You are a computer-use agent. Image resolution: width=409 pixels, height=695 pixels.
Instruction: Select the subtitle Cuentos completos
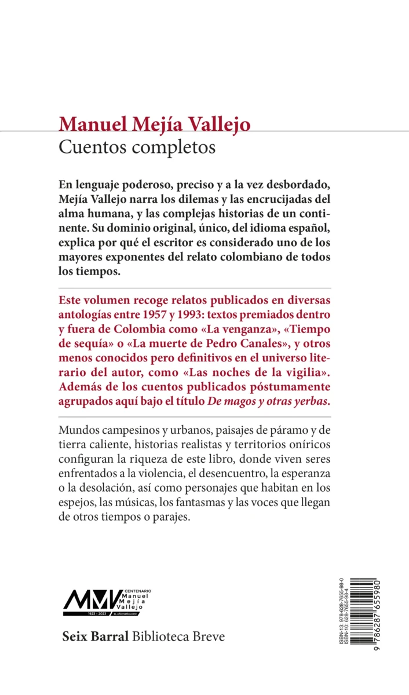point(137,147)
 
